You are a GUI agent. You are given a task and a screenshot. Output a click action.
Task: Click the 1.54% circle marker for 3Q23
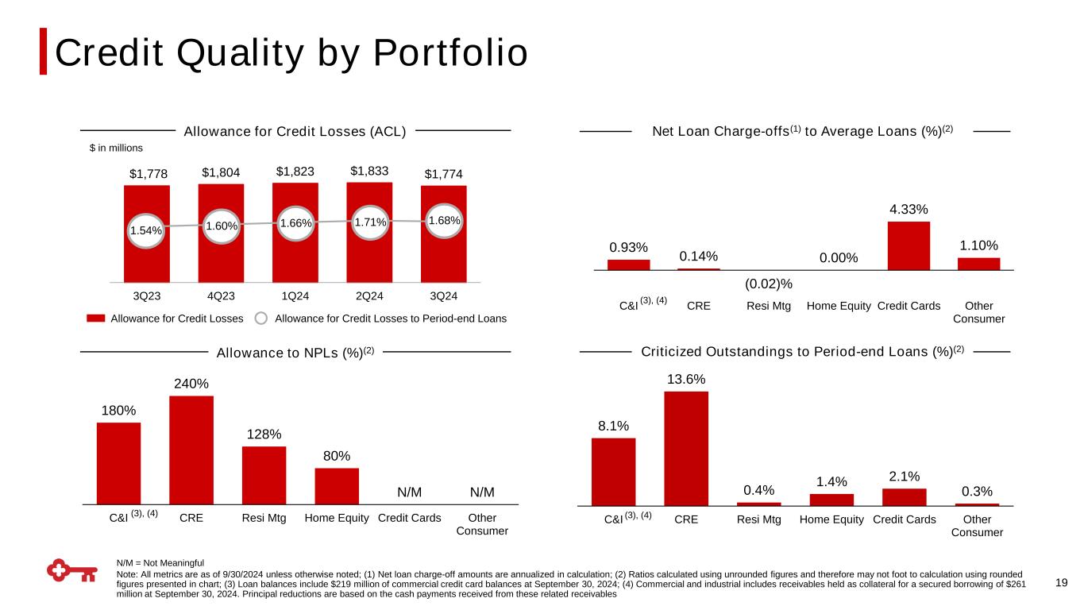146,230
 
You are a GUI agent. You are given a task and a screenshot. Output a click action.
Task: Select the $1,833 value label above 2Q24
369,170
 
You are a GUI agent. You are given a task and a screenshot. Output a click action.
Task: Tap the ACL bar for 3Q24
443,254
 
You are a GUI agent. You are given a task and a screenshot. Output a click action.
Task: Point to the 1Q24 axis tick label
295,296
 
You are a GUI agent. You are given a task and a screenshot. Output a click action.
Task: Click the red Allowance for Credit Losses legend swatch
95,319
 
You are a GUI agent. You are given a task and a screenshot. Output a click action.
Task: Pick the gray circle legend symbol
261,319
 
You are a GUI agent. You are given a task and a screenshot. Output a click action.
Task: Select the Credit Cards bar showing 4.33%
908,245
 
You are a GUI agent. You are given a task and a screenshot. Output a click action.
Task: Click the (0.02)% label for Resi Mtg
769,284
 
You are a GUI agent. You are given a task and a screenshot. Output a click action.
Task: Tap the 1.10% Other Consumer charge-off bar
978,264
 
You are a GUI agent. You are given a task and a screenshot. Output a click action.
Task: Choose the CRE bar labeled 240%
191,450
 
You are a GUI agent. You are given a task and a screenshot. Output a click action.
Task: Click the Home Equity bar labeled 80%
337,485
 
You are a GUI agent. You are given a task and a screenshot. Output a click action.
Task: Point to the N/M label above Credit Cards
409,492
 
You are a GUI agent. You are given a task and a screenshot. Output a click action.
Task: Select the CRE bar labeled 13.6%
686,448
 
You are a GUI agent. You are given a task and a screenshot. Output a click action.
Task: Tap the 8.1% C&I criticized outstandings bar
613,471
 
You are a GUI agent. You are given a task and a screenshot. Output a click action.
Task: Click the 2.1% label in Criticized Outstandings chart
905,477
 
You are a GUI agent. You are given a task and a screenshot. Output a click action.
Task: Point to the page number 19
1062,583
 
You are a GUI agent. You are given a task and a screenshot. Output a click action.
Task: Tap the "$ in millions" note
115,148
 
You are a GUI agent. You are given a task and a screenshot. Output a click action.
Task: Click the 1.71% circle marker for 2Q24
370,222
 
